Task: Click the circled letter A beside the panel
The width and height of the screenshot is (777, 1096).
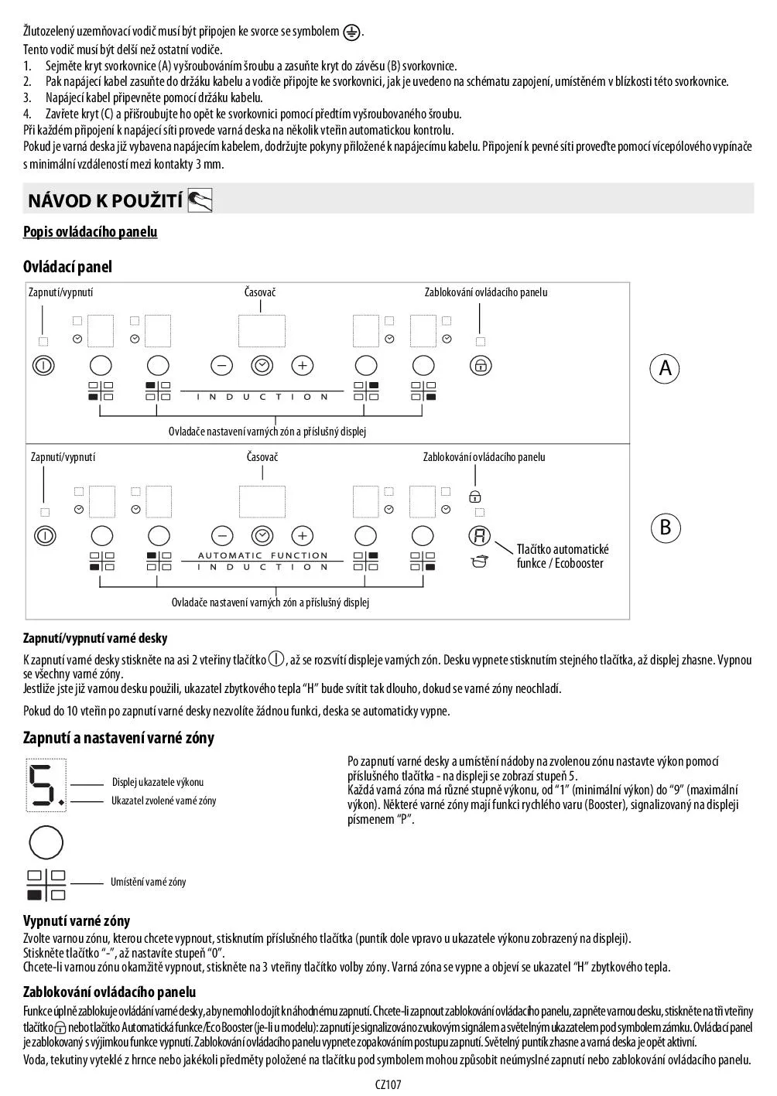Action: (665, 369)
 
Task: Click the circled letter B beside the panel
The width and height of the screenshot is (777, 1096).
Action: (665, 528)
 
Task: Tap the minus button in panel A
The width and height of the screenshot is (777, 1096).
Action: (222, 366)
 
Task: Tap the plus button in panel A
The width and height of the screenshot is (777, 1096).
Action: (302, 366)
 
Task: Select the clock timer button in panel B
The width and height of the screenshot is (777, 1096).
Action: (262, 535)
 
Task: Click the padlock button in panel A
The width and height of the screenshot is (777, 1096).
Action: (481, 366)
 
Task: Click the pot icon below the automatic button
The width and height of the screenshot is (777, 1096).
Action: (480, 561)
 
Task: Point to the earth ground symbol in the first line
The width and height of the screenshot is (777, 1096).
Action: (352, 32)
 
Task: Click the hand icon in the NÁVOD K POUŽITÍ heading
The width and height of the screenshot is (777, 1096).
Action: (200, 201)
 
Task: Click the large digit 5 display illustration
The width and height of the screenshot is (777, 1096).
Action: (46, 785)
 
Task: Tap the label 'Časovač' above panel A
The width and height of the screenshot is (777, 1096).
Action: (260, 292)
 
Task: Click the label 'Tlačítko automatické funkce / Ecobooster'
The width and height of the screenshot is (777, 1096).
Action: (563, 556)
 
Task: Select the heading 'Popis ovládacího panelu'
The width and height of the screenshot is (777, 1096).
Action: (90, 232)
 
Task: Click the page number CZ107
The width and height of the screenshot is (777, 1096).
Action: (388, 1084)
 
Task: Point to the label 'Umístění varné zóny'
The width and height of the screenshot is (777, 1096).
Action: (148, 882)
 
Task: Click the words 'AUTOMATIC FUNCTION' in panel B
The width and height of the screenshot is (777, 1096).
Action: (263, 555)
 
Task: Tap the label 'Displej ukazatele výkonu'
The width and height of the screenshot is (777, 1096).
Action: (158, 782)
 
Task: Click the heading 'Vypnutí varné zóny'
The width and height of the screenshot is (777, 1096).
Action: (77, 921)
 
